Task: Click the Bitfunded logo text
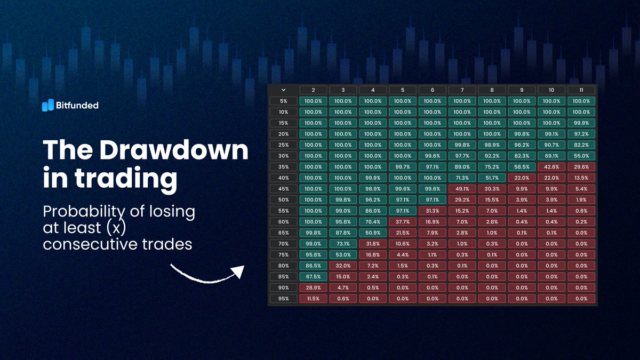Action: click(77, 106)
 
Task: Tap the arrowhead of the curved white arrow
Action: click(238, 272)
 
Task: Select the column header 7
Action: click(462, 90)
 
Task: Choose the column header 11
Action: click(581, 90)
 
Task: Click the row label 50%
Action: click(283, 199)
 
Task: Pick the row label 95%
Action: click(283, 299)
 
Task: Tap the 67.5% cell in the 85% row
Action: click(313, 277)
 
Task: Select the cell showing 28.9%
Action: click(313, 287)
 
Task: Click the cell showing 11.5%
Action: click(313, 299)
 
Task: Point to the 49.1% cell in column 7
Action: click(462, 189)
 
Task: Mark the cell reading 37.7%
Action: click(403, 222)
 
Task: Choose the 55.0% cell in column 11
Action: click(581, 156)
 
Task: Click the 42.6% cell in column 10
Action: click(551, 167)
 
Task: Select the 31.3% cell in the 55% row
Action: click(433, 211)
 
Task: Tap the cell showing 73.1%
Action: click(343, 244)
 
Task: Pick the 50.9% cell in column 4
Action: click(373, 233)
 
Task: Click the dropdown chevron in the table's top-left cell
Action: click(283, 90)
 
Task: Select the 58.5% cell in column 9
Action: click(522, 167)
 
